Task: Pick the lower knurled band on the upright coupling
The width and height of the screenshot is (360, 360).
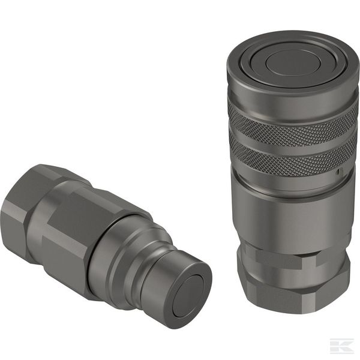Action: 292,155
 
